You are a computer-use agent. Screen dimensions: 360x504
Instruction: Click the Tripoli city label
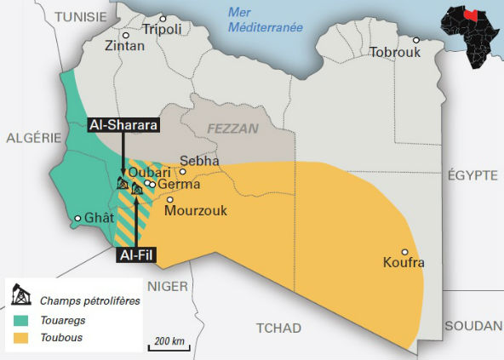click(163, 29)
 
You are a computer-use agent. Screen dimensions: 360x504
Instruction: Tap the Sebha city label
click(200, 160)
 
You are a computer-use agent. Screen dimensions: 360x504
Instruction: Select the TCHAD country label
click(280, 328)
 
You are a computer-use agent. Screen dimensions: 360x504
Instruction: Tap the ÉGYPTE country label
click(472, 174)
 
